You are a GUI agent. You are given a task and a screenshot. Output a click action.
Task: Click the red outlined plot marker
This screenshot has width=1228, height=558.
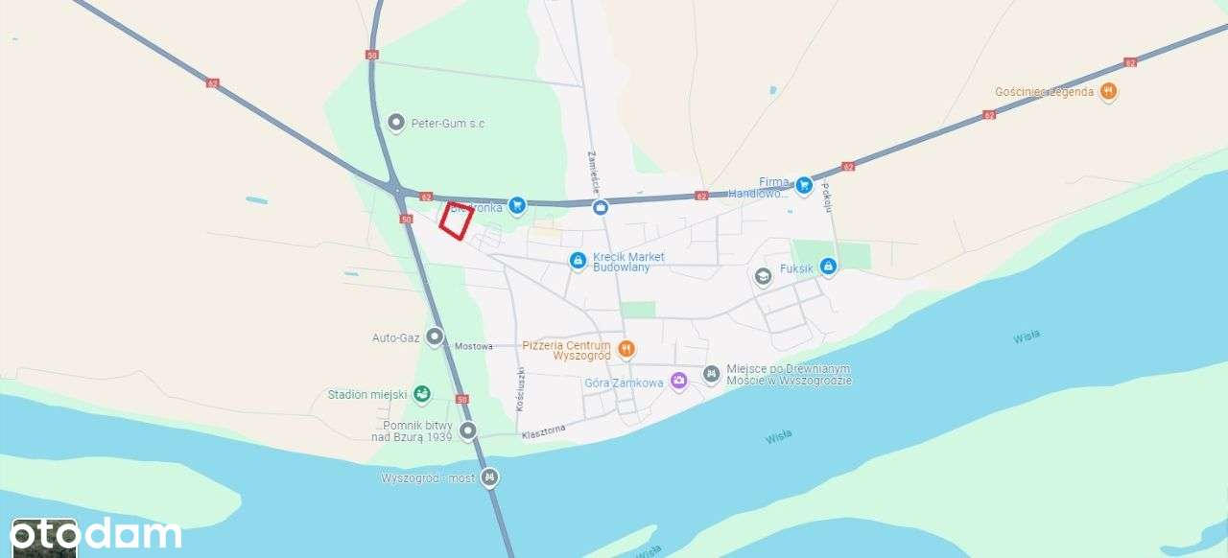(x=457, y=221)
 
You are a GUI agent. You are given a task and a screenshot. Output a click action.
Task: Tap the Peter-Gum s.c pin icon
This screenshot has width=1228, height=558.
(x=396, y=123)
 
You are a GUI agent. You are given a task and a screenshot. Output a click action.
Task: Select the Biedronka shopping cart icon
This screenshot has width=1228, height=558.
(x=517, y=203)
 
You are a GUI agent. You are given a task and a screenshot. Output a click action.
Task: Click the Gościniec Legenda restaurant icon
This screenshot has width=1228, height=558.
(x=1109, y=92)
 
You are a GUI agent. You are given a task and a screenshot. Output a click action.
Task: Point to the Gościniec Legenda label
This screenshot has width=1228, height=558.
(x=1044, y=92)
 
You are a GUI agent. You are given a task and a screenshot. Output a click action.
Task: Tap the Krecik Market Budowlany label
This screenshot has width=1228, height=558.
(x=628, y=262)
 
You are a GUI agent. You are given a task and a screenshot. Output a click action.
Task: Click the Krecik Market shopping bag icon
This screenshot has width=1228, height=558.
(x=578, y=260)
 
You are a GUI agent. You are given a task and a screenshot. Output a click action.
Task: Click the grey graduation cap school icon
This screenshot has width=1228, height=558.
(x=763, y=277)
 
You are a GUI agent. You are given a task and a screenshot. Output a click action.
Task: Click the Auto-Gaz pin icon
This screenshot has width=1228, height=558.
(x=435, y=337)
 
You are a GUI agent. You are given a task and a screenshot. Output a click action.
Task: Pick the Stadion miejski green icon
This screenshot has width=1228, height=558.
(x=421, y=394)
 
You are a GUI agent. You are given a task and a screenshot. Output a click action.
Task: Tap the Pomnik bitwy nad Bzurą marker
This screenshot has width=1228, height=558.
(x=468, y=430)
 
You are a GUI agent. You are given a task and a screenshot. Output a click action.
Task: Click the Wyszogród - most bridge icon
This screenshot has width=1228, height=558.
(x=490, y=477)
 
